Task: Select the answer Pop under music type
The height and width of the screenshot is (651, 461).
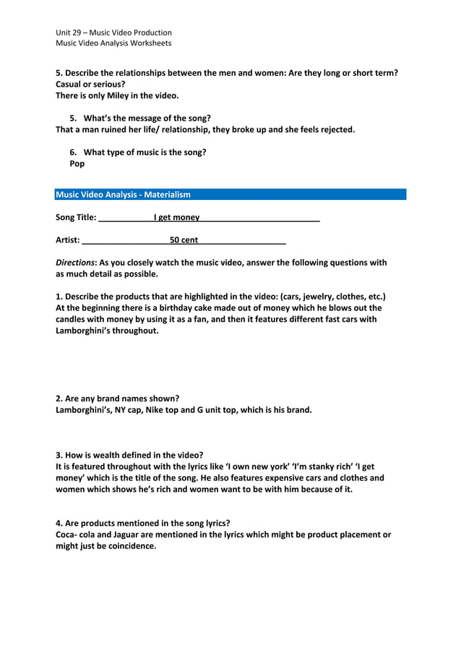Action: [x=77, y=164]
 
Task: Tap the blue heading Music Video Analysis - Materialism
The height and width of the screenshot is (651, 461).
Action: [x=123, y=195]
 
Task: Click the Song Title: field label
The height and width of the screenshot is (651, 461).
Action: [x=76, y=217]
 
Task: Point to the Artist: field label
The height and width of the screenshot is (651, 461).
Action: [x=68, y=240]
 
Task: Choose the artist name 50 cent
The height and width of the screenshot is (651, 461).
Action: [x=184, y=240]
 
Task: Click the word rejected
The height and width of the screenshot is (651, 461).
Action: [x=335, y=130]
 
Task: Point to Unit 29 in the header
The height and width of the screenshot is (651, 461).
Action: [x=71, y=32]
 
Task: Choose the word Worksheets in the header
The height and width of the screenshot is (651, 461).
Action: [x=148, y=43]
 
